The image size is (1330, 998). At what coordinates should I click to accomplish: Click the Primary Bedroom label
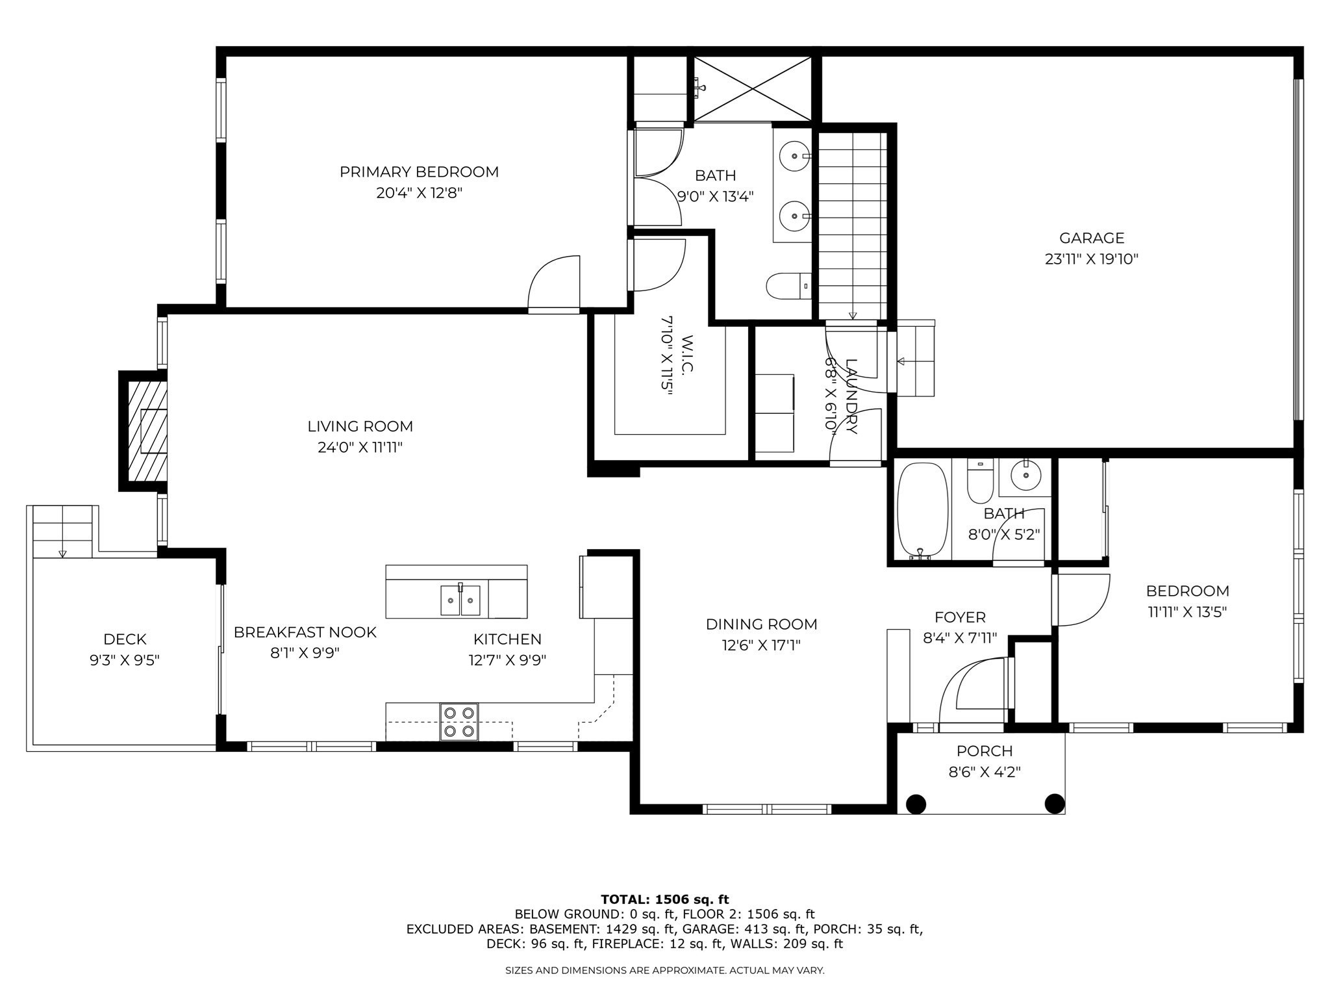tap(419, 172)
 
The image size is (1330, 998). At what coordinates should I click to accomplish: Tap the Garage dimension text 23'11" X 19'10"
tap(1091, 259)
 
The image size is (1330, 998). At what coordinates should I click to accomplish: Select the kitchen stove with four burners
tap(459, 721)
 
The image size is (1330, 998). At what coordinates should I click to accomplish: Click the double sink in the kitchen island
tap(460, 600)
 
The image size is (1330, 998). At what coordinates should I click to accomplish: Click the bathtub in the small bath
tap(922, 511)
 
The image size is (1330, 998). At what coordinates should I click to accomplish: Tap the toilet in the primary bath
tap(788, 286)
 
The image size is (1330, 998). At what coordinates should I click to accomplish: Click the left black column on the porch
tap(916, 804)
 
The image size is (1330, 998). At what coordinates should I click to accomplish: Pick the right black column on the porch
tap(1054, 804)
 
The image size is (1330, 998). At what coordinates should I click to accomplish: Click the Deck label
tap(125, 639)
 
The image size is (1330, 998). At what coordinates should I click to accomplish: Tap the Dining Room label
tap(761, 624)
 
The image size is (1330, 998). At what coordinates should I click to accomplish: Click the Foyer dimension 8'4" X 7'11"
tap(960, 638)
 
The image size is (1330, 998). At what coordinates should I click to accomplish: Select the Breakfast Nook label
tap(305, 632)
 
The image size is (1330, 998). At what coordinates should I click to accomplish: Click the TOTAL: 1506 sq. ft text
tap(665, 900)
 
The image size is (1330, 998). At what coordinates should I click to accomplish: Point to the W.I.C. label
tap(688, 354)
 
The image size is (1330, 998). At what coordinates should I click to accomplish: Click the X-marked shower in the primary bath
tap(753, 89)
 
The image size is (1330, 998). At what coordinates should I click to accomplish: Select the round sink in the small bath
tap(1026, 474)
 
